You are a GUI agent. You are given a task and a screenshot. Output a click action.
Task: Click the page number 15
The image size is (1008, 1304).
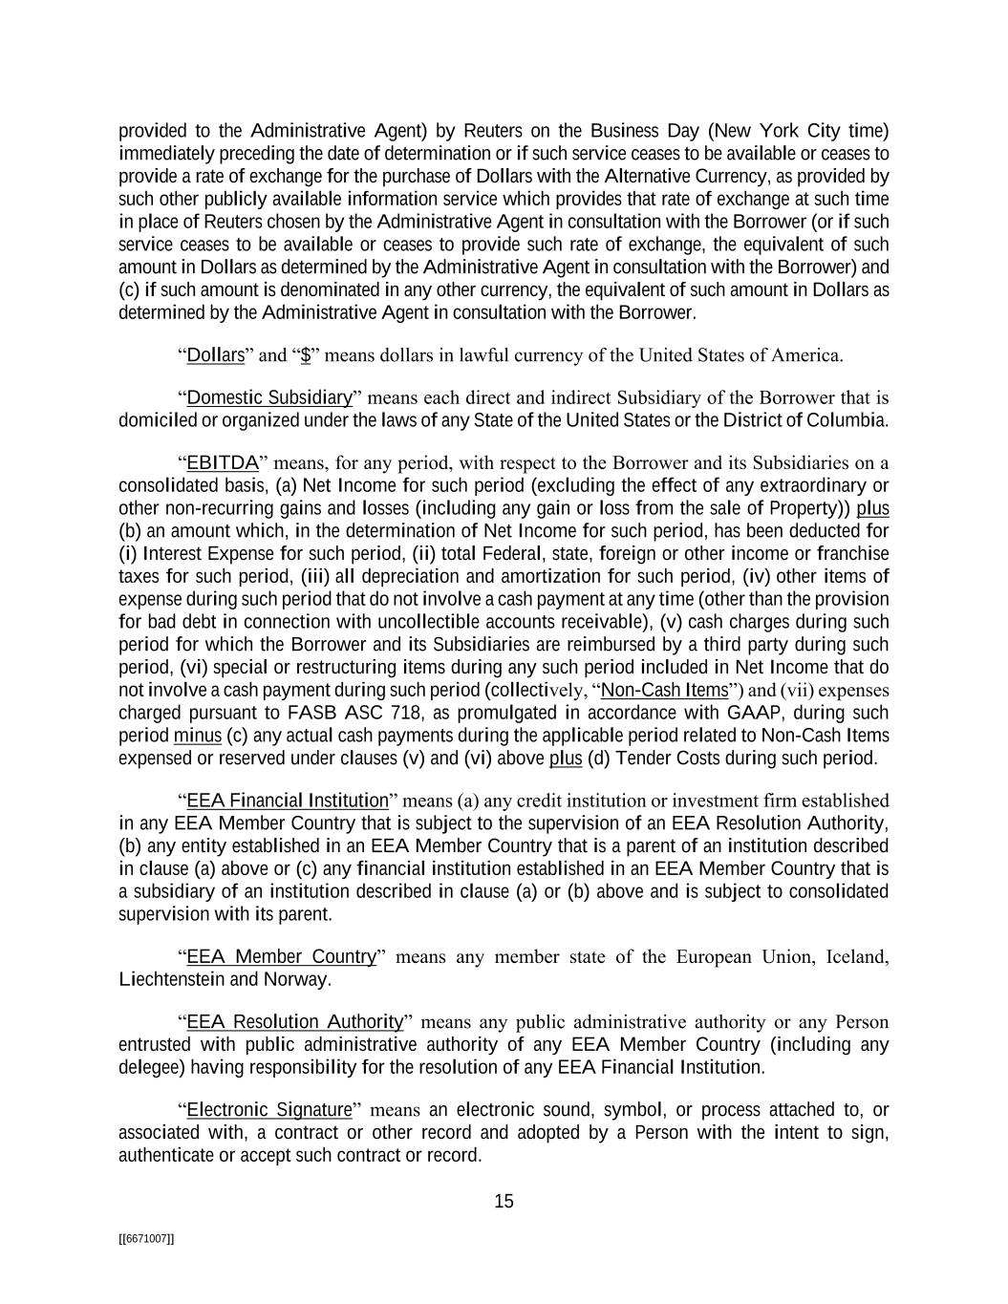point(504,1202)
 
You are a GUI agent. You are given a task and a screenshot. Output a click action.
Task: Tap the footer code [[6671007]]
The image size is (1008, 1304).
point(145,1238)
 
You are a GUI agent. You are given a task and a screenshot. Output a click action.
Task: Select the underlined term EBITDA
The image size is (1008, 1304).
point(222,463)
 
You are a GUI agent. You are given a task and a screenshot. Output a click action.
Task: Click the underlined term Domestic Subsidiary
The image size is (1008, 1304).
point(269,397)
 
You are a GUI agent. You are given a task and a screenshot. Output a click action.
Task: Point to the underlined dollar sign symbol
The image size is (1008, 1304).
point(306,355)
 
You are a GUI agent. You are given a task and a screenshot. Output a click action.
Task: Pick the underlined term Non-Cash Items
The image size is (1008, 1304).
point(665,690)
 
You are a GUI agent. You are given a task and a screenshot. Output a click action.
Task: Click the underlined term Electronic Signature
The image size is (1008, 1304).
point(269,1110)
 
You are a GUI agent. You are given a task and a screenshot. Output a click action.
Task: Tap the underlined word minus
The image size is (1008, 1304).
point(198,736)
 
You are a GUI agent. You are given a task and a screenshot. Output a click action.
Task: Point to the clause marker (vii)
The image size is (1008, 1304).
point(798,690)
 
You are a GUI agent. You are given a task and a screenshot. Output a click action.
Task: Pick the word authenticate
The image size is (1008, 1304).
point(164,1155)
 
